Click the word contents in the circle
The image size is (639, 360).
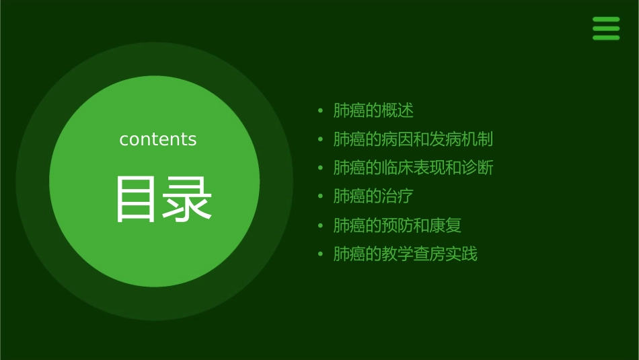158,139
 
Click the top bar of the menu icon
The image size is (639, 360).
606,20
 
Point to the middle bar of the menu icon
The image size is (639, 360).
606,28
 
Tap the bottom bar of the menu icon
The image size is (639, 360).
606,38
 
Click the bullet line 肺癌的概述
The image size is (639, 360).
373,110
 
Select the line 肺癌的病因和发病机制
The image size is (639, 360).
413,139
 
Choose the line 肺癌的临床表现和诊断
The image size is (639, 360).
413,168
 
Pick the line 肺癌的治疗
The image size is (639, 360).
373,196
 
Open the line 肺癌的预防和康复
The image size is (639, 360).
398,225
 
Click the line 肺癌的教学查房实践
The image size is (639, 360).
405,254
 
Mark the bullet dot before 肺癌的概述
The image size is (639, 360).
321,110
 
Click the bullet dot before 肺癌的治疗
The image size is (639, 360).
321,196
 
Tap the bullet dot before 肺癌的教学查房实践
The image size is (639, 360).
321,254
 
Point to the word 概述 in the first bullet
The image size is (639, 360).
398,110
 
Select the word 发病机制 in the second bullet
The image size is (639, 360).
461,139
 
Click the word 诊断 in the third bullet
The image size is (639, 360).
478,168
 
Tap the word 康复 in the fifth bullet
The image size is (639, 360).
445,225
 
